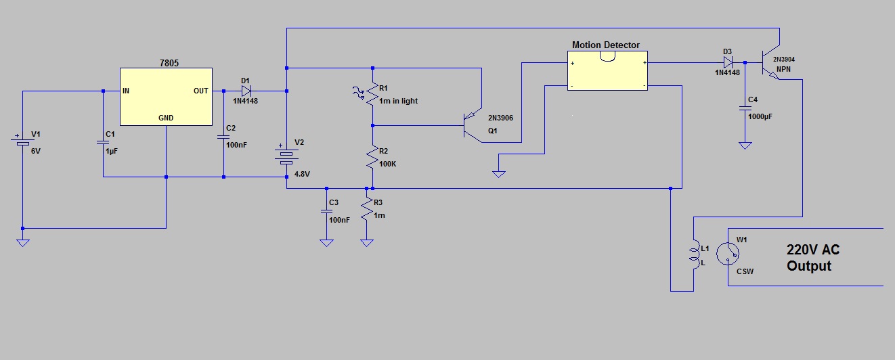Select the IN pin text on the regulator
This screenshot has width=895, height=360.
coord(127,91)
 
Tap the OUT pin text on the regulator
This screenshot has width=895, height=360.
coord(201,91)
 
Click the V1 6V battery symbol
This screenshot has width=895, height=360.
coord(22,142)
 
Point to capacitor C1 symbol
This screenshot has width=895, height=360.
coord(103,142)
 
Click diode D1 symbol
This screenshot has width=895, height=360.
coord(246,91)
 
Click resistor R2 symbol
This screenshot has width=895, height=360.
coord(372,158)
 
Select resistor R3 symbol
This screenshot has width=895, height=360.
coord(366,209)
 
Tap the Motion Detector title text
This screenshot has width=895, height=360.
coord(605,45)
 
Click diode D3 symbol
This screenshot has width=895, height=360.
coord(727,62)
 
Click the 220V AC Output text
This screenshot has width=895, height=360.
coord(812,258)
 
